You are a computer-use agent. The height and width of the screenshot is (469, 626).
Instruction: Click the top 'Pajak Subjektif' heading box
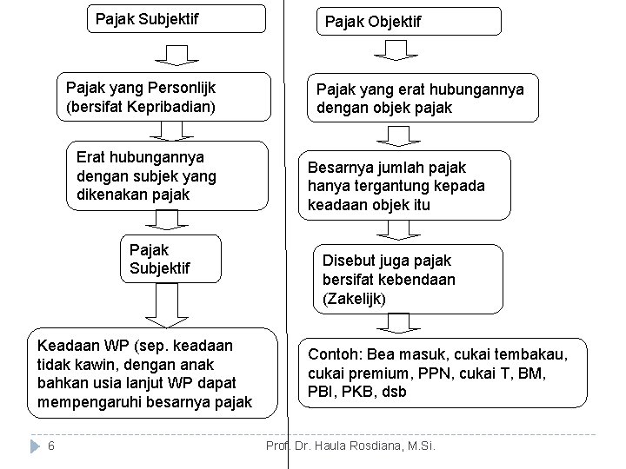click(178, 17)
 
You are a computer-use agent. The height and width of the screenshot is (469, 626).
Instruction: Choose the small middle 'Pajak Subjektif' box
click(170, 259)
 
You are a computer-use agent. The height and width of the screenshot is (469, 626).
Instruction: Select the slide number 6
click(52, 446)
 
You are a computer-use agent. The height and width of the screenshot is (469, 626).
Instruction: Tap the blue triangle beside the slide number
click(34, 446)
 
